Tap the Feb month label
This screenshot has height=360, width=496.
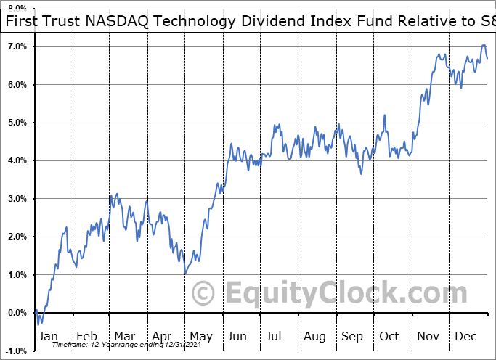tap(87, 336)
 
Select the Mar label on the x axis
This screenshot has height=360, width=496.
tap(124, 336)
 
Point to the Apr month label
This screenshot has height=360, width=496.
tap(161, 336)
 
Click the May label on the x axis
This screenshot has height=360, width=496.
tap(200, 336)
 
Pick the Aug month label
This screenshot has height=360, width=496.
tap(314, 336)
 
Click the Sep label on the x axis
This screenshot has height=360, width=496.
tap(353, 336)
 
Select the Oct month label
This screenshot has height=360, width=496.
tap(390, 336)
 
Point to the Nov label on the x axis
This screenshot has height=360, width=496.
tap(428, 336)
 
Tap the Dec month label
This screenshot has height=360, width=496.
tap(466, 336)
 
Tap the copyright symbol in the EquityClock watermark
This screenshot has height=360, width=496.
tap(204, 293)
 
